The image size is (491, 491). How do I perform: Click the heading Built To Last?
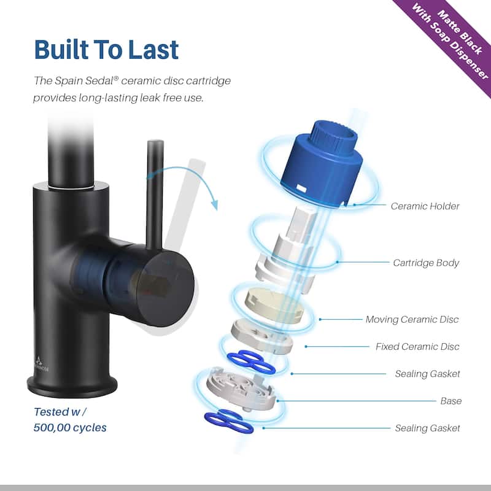106,50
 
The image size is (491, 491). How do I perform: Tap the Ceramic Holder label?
425,206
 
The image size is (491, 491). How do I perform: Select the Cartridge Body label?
426,263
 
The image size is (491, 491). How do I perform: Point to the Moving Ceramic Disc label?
412,319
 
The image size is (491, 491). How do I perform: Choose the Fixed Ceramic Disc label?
417,347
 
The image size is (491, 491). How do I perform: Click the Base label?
450,401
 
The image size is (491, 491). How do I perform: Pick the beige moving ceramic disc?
274,304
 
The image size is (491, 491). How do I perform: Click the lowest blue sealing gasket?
228,422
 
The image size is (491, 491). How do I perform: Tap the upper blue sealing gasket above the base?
251,363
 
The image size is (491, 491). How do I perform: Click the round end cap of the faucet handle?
165,288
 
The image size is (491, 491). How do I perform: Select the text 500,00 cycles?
70,428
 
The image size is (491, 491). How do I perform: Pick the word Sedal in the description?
101,81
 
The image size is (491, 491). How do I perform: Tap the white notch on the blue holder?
301,188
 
